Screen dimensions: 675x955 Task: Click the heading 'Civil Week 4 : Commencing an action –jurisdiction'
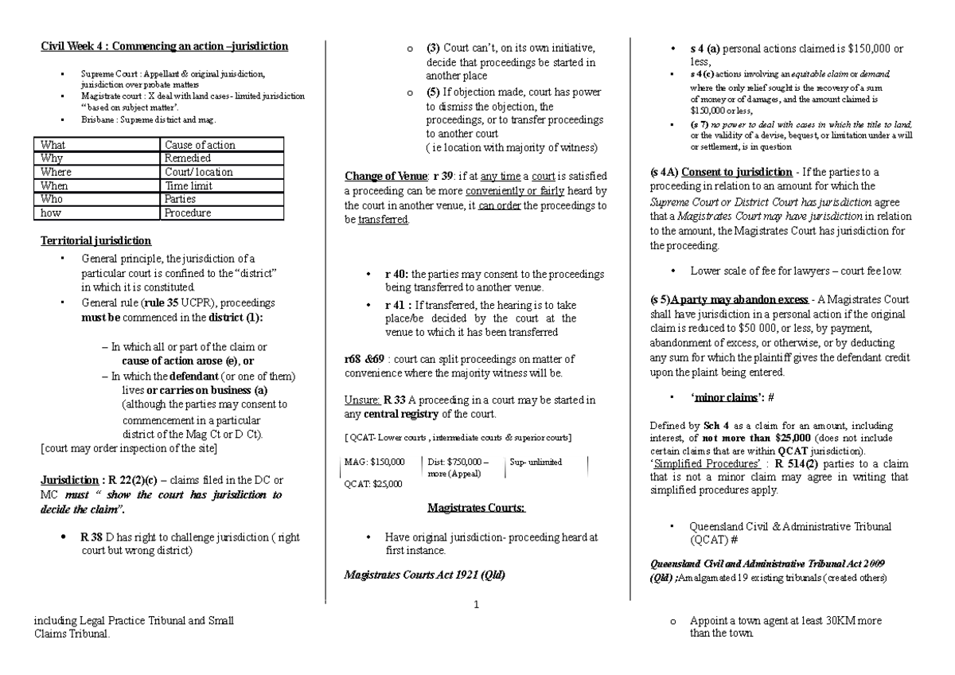pyautogui.click(x=165, y=47)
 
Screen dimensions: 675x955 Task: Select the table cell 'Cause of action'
pyautogui.click(x=200, y=145)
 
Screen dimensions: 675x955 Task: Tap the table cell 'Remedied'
pyautogui.click(x=188, y=158)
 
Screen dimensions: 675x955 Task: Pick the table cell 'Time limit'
pyautogui.click(x=189, y=185)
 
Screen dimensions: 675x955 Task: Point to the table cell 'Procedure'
pyautogui.click(x=188, y=213)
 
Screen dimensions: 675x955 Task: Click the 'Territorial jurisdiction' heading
pyautogui.click(x=95, y=241)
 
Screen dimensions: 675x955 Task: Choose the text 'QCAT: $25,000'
pyautogui.click(x=373, y=483)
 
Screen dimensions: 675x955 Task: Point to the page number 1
pyautogui.click(x=475, y=604)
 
